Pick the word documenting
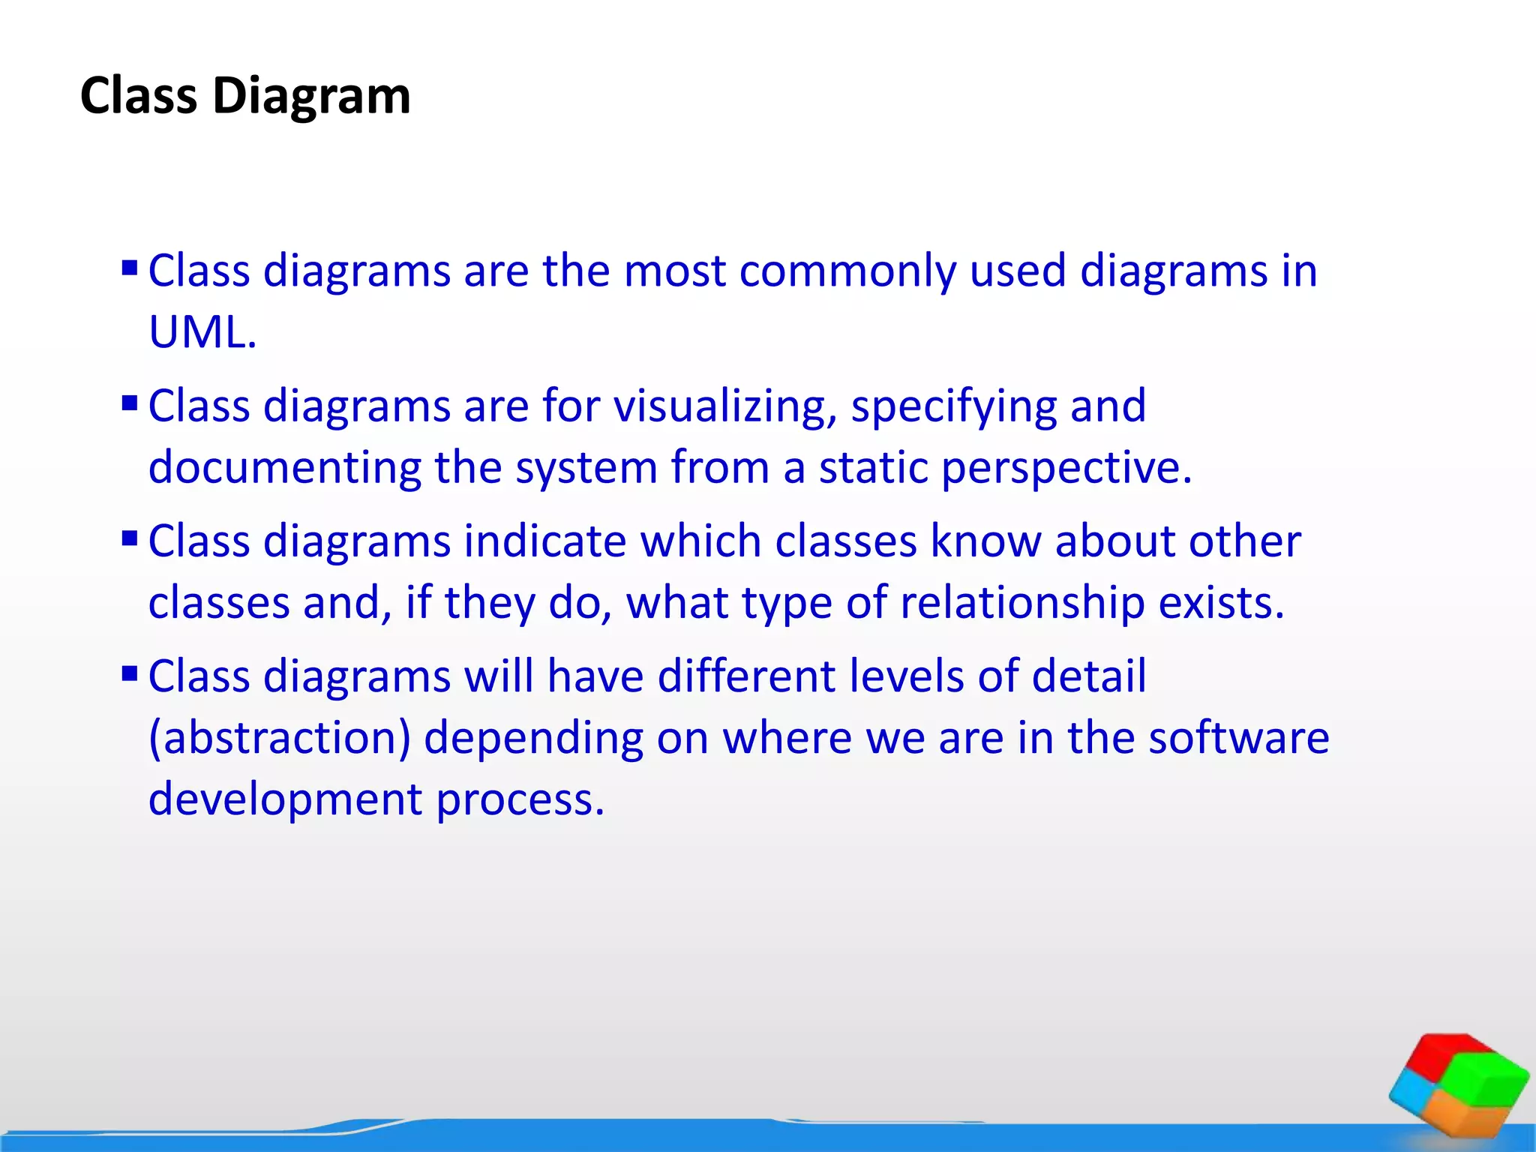[x=284, y=468]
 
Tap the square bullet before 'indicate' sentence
[x=130, y=538]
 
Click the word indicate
[x=544, y=541]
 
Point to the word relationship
[x=1021, y=603]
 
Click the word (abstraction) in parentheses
[x=280, y=739]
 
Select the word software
[x=1238, y=738]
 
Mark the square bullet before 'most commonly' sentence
[x=130, y=268]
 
